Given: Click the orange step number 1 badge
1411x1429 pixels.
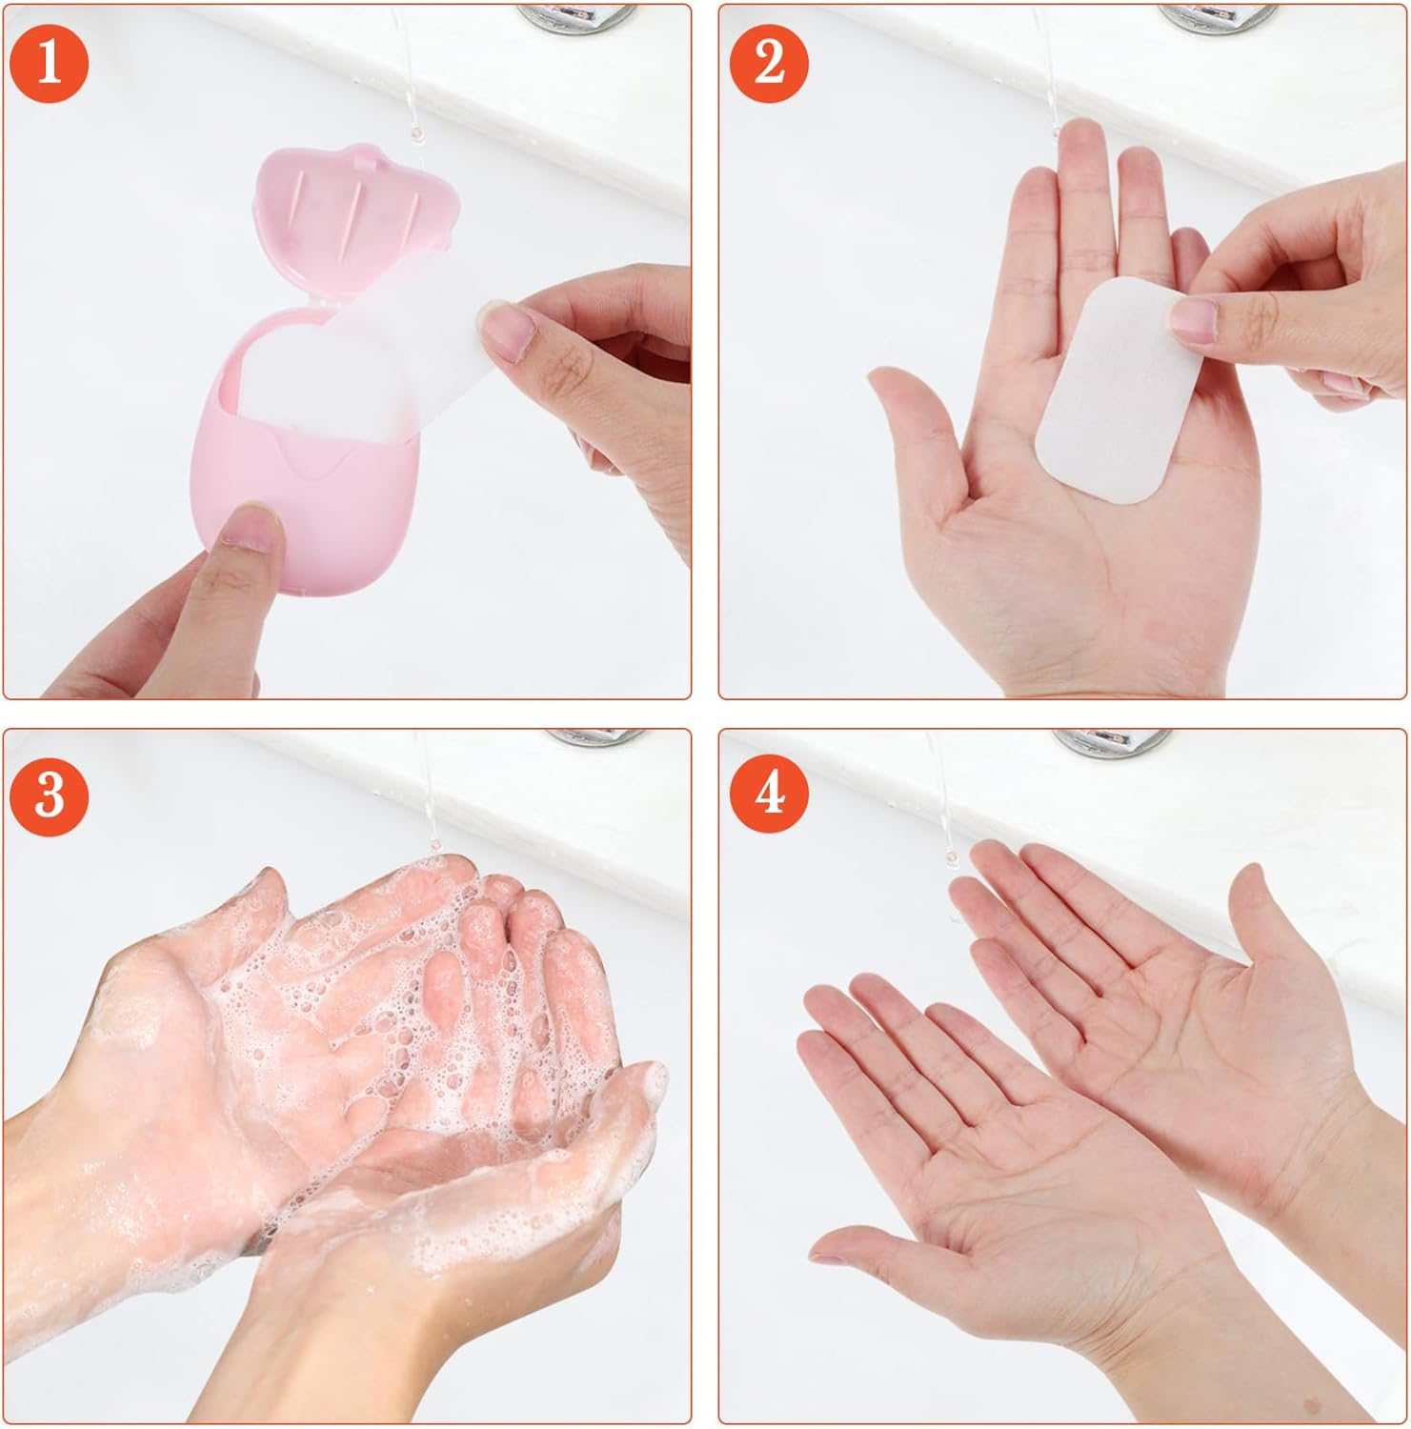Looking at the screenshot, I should (49, 63).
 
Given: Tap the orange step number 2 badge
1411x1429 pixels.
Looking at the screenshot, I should (769, 63).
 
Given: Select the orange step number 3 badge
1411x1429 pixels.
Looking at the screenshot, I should (49, 794).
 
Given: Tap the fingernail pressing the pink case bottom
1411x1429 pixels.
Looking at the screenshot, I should (250, 527).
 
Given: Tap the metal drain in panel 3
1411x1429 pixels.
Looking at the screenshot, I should (595, 736).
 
